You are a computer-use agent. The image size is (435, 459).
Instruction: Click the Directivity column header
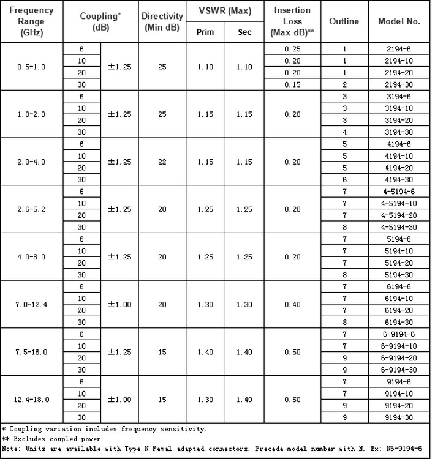[x=162, y=21]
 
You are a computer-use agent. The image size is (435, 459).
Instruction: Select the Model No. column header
[x=399, y=21]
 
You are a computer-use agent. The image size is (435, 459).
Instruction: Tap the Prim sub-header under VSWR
[x=205, y=32]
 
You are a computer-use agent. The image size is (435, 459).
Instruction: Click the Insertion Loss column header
[x=292, y=21]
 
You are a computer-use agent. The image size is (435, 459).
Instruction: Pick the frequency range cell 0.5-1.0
[x=31, y=67]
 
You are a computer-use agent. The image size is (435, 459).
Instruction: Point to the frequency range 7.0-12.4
[x=31, y=305]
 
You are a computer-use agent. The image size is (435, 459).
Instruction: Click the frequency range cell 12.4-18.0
[x=31, y=400]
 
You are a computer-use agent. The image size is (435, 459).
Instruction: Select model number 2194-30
[x=399, y=84]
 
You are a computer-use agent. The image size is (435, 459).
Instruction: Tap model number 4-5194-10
[x=399, y=203]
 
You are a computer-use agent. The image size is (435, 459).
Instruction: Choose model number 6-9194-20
[x=399, y=358]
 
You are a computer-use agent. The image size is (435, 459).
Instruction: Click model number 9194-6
[x=399, y=382]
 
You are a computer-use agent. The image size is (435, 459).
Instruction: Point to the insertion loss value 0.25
[x=292, y=49]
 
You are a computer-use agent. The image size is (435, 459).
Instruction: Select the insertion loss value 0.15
[x=292, y=84]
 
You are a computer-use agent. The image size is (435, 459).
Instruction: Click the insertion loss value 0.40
[x=292, y=305]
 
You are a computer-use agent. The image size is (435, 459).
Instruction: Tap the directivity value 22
[x=162, y=162]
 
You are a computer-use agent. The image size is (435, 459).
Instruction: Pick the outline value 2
[x=344, y=84]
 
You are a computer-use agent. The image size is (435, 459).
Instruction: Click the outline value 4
[x=344, y=132]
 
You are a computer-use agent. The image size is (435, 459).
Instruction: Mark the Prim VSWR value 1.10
[x=205, y=67]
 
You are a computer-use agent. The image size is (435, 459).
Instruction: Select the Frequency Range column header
[x=31, y=21]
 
